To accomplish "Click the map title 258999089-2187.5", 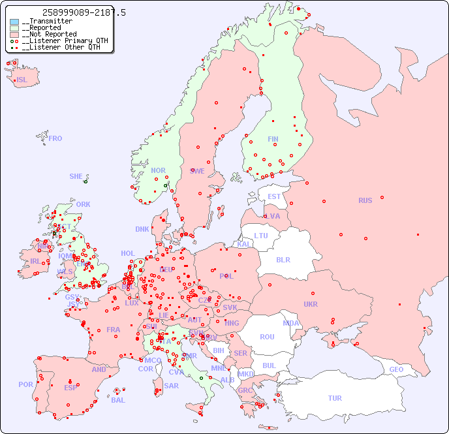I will (84, 13).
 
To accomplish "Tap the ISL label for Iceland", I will (22, 80).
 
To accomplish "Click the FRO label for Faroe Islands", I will (55, 138).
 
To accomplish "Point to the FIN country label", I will (273, 139).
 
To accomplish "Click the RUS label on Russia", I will (365, 200).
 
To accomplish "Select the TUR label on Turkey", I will (335, 398).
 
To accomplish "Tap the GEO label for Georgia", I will (396, 369).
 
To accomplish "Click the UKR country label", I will (311, 305).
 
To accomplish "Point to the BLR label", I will (283, 259).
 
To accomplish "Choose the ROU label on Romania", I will (267, 337).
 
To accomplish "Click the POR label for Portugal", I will (25, 384).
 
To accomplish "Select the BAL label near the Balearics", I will (118, 400).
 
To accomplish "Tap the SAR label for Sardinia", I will (171, 386).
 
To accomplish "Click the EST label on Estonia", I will (274, 196).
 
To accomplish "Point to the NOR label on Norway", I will (159, 170).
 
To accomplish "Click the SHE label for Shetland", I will (76, 176).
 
